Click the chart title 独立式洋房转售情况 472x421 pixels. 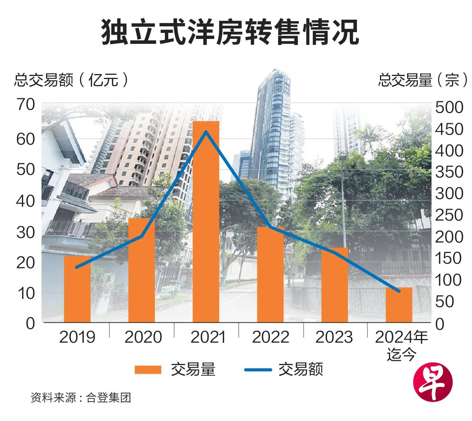pos(230,32)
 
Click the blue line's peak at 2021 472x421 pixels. pos(206,132)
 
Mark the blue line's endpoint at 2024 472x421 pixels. pos(399,291)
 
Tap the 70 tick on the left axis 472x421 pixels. pos(26,105)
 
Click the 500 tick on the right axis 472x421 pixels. pos(449,107)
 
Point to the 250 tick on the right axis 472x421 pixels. pos(449,215)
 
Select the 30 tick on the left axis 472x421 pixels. pos(26,232)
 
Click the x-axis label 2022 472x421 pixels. pos(271,337)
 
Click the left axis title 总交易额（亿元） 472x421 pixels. pos(71,80)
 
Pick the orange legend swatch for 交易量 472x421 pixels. pos(148,369)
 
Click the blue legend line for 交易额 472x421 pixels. pos(258,369)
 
